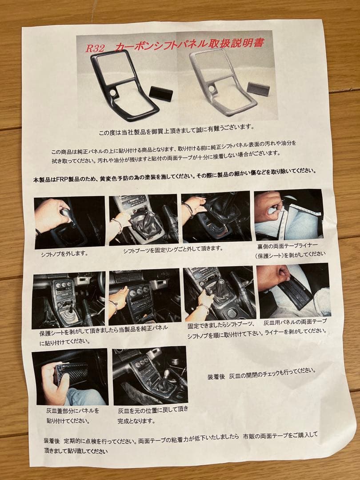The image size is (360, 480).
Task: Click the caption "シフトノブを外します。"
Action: tap(64, 254)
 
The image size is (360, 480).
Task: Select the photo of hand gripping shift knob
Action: tap(69, 222)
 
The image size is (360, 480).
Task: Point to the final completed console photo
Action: tap(150, 375)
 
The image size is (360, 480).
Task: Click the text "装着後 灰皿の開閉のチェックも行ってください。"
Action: tap(262, 372)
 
